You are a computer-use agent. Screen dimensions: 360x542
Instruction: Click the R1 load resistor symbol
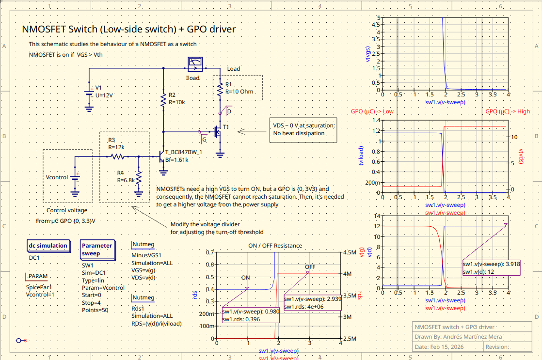pos(221,89)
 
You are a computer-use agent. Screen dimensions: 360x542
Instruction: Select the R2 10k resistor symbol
pos(163,100)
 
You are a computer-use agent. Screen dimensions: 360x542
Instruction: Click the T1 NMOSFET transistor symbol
pos(218,131)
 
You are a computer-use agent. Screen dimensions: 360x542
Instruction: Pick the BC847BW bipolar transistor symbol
pos(162,157)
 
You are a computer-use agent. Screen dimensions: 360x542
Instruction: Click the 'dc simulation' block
pos(48,246)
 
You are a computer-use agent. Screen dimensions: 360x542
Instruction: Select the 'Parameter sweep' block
pos(97,249)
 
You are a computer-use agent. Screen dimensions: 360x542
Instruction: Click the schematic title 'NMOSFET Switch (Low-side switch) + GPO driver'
pos(129,29)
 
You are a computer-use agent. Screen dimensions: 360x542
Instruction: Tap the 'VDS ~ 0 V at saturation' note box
pos(303,129)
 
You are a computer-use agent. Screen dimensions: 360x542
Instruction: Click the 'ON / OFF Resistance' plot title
pos(275,246)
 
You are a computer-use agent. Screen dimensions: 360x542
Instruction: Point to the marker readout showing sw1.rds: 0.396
pos(251,315)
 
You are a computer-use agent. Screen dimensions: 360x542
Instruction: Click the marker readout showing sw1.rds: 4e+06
pos(313,303)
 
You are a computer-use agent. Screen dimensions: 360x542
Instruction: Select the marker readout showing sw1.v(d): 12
pos(491,268)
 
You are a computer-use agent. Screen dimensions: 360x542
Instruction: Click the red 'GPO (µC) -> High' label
pos(508,111)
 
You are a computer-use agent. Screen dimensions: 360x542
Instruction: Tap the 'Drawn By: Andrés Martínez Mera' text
pos(459,336)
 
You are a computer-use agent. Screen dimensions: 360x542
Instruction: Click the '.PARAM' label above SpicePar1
pos(37,277)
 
